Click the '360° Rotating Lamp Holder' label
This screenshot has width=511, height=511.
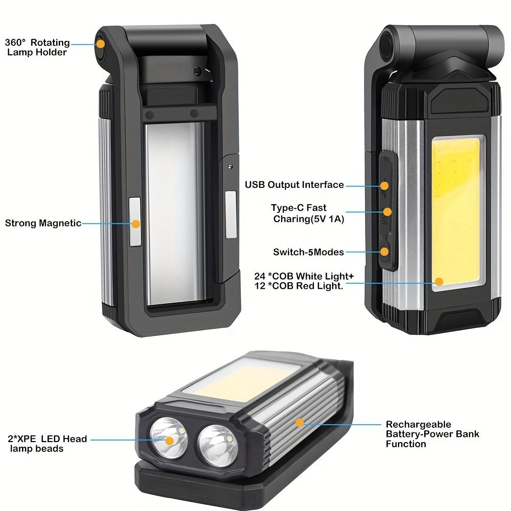coord(37,47)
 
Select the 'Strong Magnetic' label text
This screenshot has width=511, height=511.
coord(43,223)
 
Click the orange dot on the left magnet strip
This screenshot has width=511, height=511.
coord(136,224)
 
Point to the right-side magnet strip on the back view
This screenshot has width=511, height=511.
coord(231,214)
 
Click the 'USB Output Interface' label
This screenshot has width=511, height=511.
coord(294,185)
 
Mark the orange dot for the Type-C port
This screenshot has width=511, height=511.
coord(387,211)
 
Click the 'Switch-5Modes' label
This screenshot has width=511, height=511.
coord(308,252)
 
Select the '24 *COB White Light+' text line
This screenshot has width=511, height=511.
coord(304,276)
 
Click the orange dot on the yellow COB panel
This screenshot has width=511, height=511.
coord(439,281)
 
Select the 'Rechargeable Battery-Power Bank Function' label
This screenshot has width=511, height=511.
coord(432,434)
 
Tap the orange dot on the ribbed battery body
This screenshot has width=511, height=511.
coord(300,422)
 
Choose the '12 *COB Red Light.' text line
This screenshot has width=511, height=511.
coord(299,286)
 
